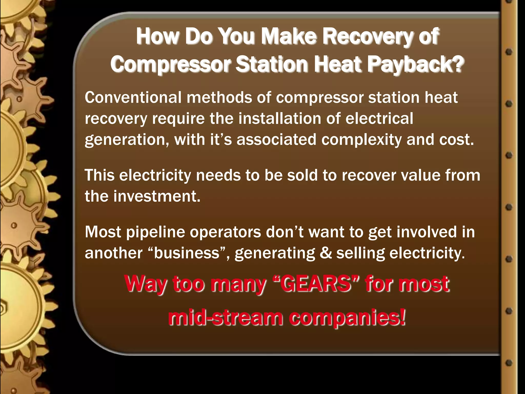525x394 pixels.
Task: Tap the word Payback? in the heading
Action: [x=415, y=64]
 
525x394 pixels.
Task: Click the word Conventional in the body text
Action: [x=133, y=98]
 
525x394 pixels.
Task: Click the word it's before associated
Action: [x=221, y=140]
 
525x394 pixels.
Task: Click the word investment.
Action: [x=157, y=196]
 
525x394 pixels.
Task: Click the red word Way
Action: [x=146, y=284]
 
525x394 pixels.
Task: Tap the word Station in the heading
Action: [x=272, y=64]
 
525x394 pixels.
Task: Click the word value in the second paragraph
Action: [x=420, y=175]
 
